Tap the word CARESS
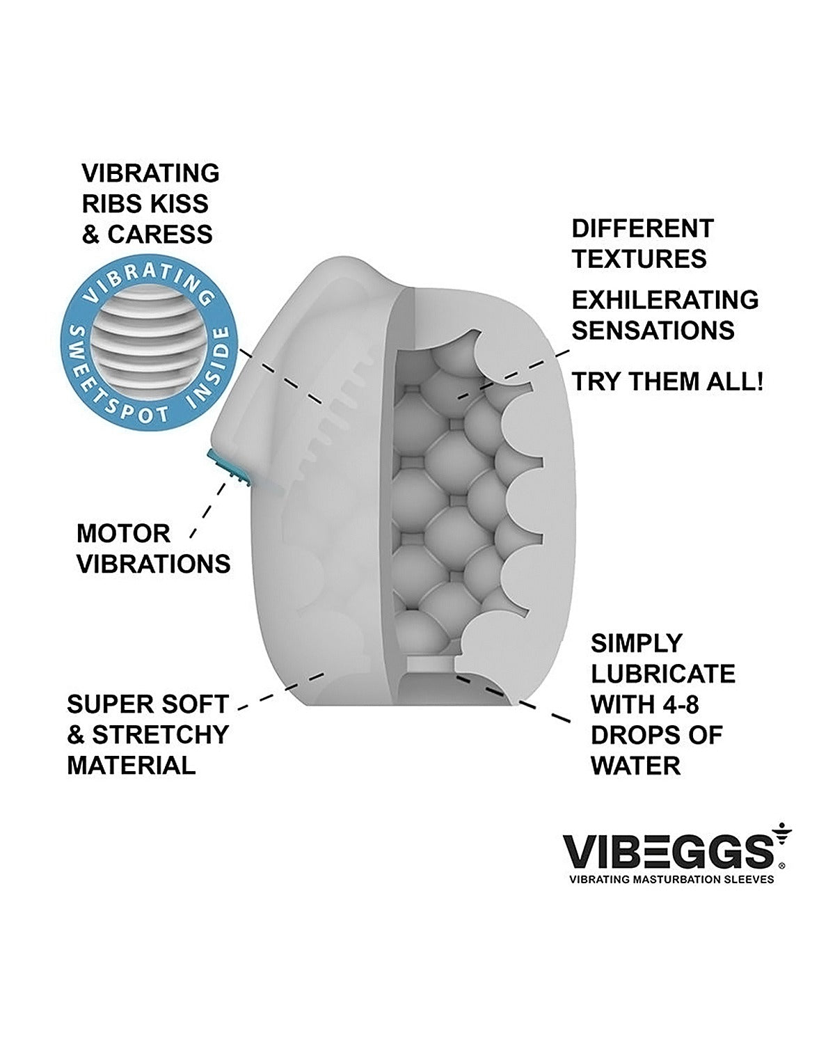(x=160, y=235)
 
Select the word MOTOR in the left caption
(x=123, y=534)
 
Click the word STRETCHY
(x=161, y=735)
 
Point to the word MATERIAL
(x=132, y=766)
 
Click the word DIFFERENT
(x=642, y=228)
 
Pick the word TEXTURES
(x=639, y=259)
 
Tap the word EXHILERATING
(x=665, y=300)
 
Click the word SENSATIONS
(x=653, y=331)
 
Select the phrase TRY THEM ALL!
(x=667, y=381)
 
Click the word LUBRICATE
(x=663, y=674)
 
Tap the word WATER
(x=635, y=766)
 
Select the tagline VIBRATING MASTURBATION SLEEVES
(x=671, y=879)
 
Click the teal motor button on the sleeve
(x=228, y=468)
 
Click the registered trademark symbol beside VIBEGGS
(x=781, y=865)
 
